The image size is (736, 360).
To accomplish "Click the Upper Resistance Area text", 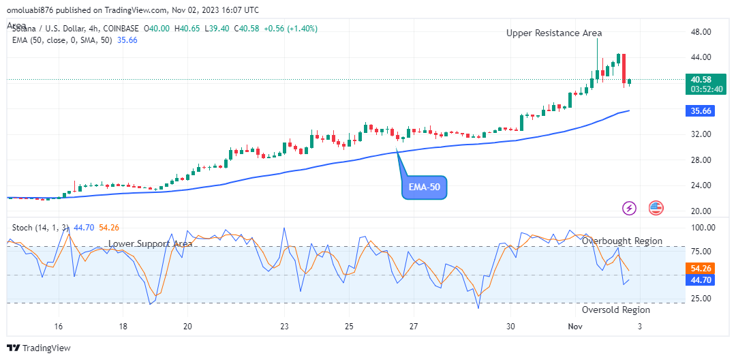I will [x=554, y=33].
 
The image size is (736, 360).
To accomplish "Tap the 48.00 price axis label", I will [x=702, y=32].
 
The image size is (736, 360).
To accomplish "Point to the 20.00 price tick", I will [x=702, y=211].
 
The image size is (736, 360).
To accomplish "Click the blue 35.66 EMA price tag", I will [x=701, y=110].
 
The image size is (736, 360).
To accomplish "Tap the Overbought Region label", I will [x=622, y=241].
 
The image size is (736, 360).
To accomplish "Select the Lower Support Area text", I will [x=150, y=243].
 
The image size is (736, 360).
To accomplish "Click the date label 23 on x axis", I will [x=285, y=326].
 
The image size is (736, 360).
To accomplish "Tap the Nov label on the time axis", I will [x=575, y=326].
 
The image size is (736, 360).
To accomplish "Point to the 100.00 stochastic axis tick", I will [x=702, y=228].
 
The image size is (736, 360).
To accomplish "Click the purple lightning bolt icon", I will [x=630, y=208].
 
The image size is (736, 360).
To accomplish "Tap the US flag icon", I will [x=656, y=208].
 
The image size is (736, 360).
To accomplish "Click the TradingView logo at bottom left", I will [x=39, y=348].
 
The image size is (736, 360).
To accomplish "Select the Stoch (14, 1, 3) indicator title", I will [x=40, y=227].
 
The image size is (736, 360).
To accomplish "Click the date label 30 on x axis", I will [x=510, y=326].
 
